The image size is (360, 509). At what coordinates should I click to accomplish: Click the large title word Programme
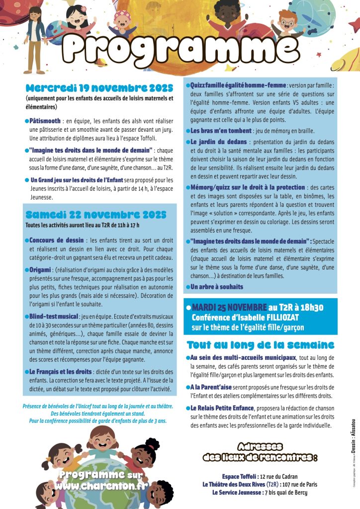click(x=180, y=48)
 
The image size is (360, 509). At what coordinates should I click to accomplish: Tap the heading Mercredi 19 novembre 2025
click(x=99, y=88)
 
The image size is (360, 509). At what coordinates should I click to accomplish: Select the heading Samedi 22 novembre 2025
click(x=96, y=215)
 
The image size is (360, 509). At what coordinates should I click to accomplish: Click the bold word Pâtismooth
click(x=45, y=121)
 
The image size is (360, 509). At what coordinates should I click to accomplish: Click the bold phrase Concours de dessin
click(x=55, y=240)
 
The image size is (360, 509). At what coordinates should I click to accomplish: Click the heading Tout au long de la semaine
click(x=261, y=345)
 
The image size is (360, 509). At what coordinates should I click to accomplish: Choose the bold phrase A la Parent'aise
click(x=216, y=387)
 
